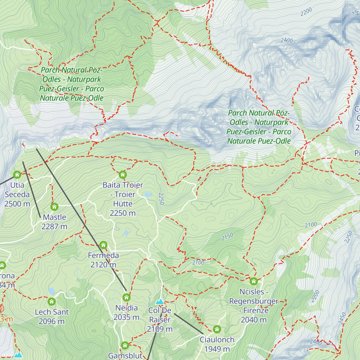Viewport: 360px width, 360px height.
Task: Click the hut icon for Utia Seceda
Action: pyautogui.click(x=17, y=174)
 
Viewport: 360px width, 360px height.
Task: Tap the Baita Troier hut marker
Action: pyautogui.click(x=122, y=174)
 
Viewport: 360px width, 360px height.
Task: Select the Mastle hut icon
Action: pyautogui.click(x=54, y=207)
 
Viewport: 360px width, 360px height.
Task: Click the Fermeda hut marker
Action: pyautogui.click(x=103, y=245)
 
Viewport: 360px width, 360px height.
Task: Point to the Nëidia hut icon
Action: pyautogui.click(x=126, y=297)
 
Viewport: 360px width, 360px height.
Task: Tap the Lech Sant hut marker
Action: pyautogui.click(x=52, y=301)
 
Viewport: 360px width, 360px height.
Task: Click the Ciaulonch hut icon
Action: pyautogui.click(x=217, y=329)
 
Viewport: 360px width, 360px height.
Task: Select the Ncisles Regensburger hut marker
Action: pyautogui.click(x=254, y=281)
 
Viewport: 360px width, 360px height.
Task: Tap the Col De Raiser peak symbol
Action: pyautogui.click(x=160, y=301)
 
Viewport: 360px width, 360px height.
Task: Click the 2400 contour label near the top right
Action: pyautogui.click(x=286, y=40)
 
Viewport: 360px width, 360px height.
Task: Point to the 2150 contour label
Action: pyautogui.click(x=227, y=237)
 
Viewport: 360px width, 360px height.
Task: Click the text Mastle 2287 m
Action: pyautogui.click(x=54, y=222)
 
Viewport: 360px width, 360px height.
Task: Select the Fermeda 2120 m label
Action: pyautogui.click(x=103, y=260)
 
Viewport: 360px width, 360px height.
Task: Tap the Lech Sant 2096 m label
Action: pyautogui.click(x=52, y=316)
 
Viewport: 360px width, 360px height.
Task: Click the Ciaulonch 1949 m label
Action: pyautogui.click(x=217, y=344)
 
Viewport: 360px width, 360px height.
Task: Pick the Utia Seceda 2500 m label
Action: pyautogui.click(x=17, y=194)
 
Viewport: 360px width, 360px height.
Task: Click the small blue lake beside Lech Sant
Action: pyautogui.click(x=52, y=291)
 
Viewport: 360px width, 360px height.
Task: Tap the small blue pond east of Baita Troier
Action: pyautogui.click(x=148, y=195)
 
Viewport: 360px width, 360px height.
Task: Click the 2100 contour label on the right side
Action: pyautogui.click(x=310, y=225)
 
